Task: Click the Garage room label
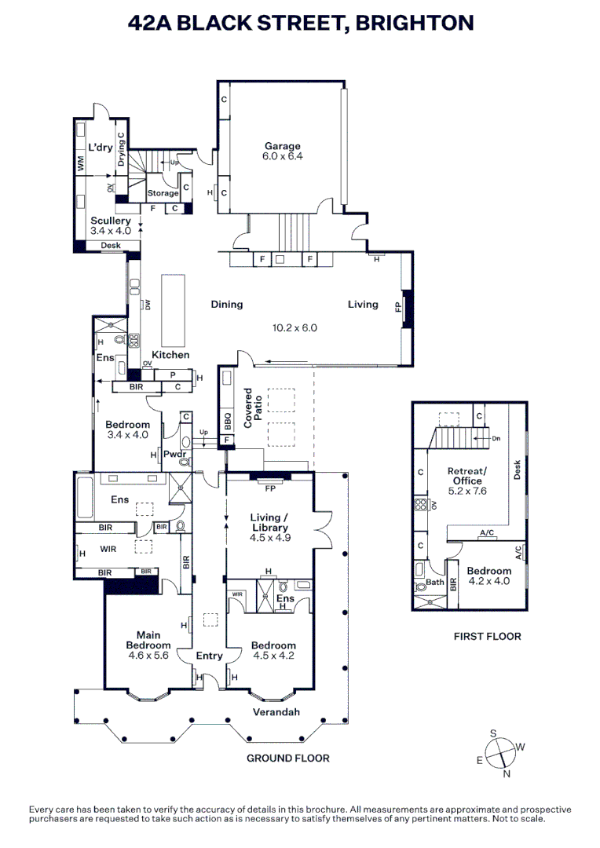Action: [x=282, y=146]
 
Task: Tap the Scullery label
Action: [x=110, y=221]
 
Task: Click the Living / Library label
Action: [x=270, y=522]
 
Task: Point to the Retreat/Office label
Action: [x=466, y=476]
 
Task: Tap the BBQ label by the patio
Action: [x=228, y=420]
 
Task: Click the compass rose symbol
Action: [x=499, y=752]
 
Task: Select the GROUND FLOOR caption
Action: [x=287, y=758]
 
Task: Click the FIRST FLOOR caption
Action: [x=487, y=636]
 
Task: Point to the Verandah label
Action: [x=276, y=713]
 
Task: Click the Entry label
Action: [x=209, y=656]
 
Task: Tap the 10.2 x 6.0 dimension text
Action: [x=295, y=328]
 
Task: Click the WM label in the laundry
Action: [x=80, y=163]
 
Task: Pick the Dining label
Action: [x=226, y=305]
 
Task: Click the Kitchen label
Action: [x=170, y=355]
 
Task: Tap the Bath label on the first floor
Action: [x=434, y=583]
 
